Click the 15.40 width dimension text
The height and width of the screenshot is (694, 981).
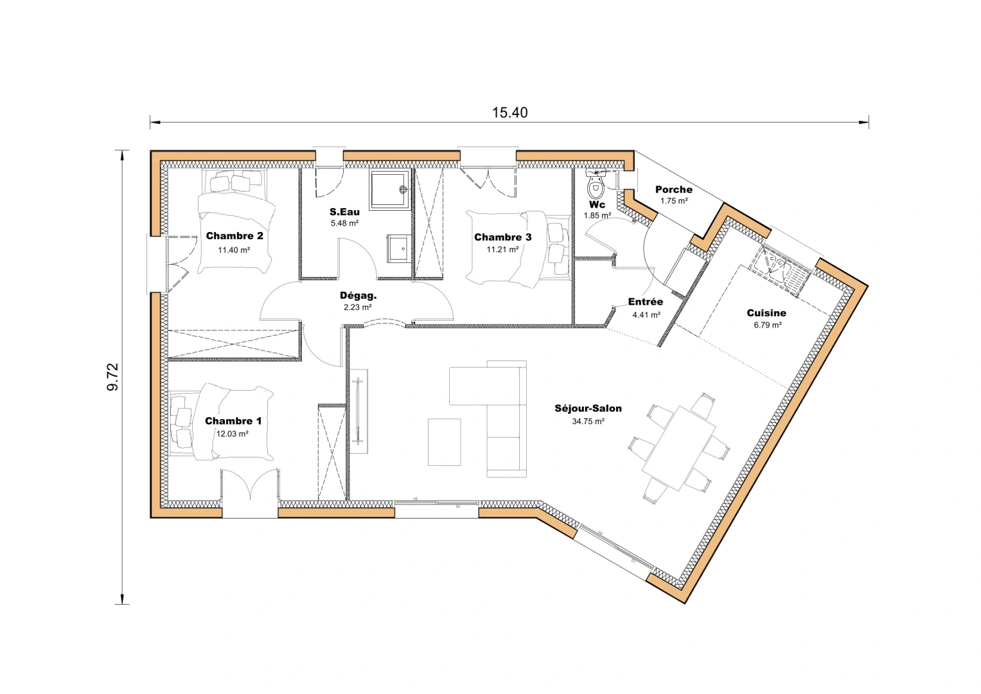509,113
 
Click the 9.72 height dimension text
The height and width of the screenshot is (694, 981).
113,377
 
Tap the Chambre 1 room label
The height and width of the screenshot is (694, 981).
233,421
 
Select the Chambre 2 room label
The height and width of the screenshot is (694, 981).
234,236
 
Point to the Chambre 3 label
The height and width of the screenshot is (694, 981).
502,237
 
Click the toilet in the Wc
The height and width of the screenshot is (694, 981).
596,187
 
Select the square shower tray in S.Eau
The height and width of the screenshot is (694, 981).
389,190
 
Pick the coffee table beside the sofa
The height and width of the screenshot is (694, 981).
445,442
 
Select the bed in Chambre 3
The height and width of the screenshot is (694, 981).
518,249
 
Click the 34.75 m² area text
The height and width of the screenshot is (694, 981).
588,422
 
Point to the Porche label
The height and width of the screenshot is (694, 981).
673,190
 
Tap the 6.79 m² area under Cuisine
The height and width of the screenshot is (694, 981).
767,325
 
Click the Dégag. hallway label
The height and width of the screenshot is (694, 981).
358,296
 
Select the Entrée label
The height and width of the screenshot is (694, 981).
645,301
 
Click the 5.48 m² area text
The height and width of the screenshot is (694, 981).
344,223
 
